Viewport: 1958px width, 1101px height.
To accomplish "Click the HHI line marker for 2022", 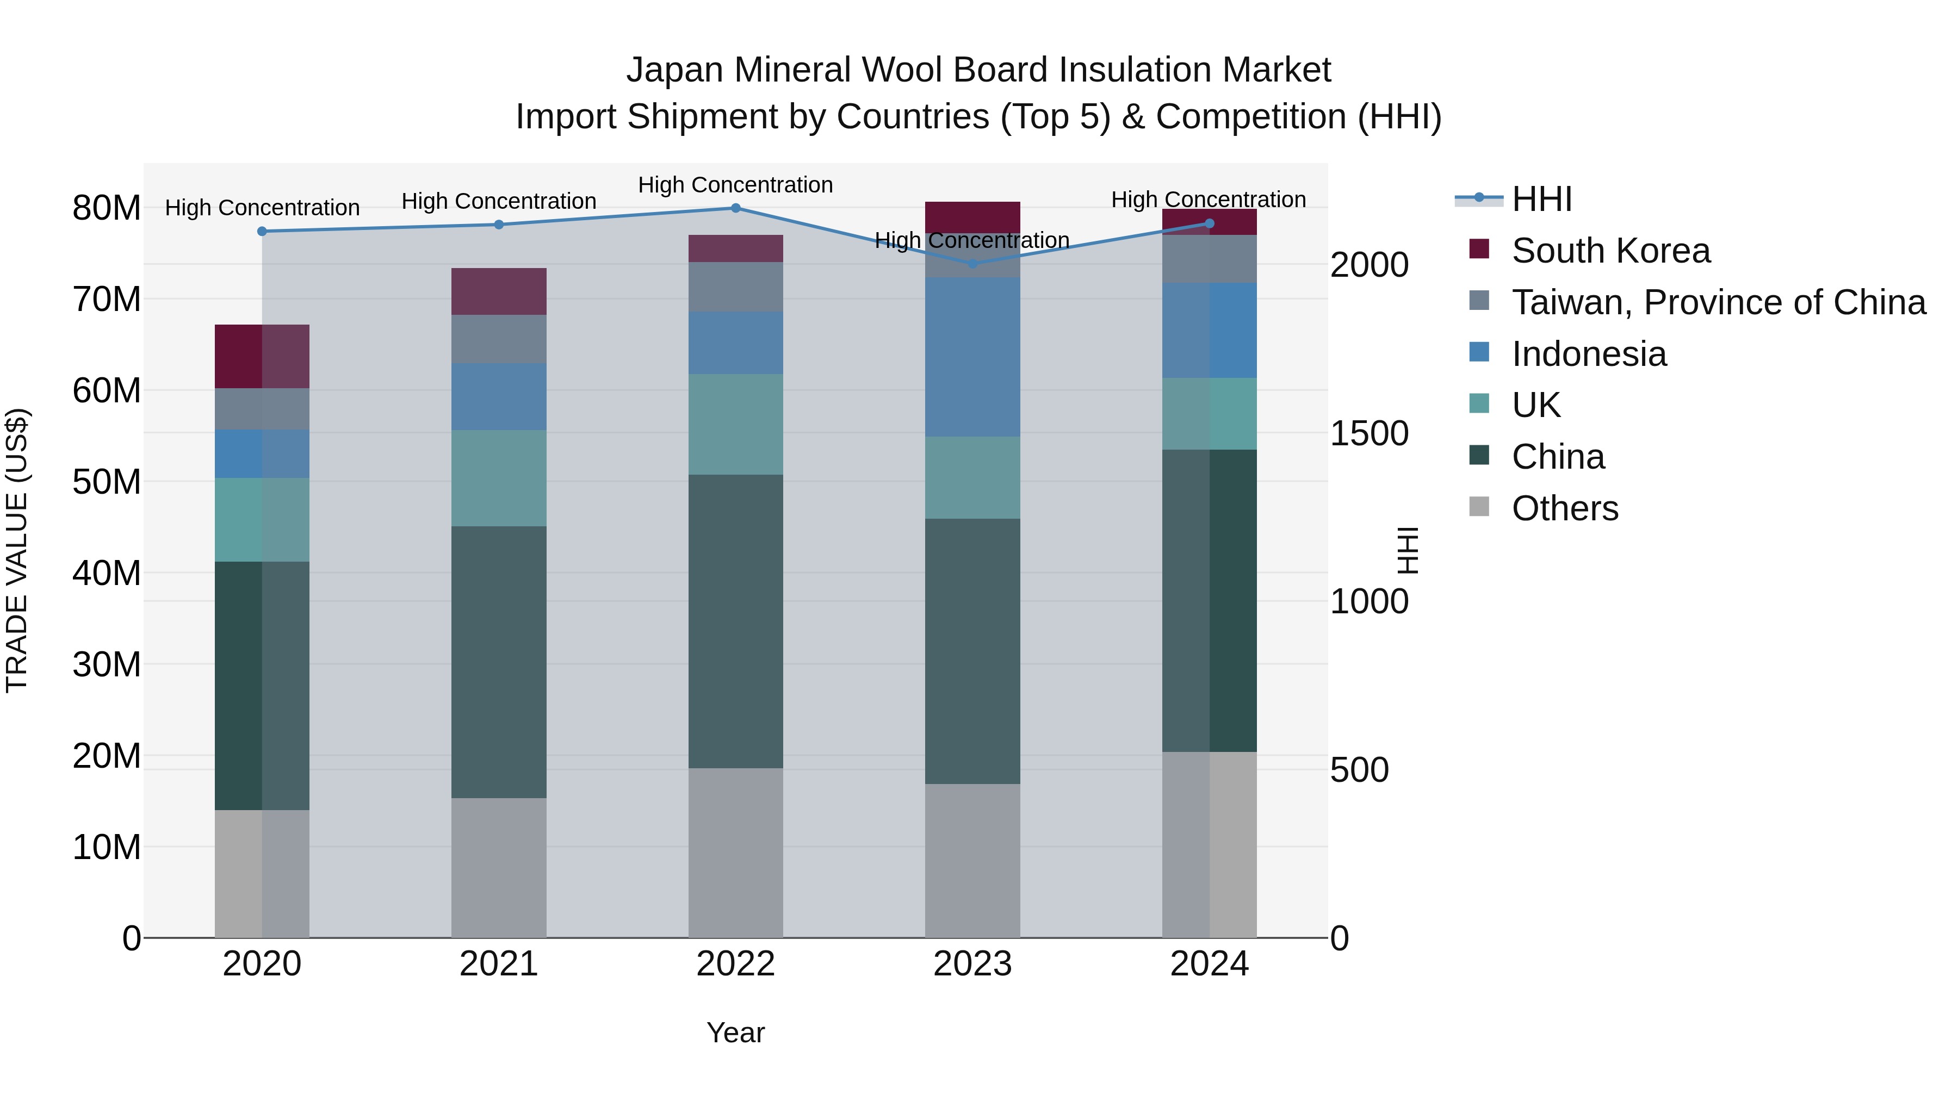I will point(735,208).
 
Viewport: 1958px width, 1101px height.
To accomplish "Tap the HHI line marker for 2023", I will point(972,264).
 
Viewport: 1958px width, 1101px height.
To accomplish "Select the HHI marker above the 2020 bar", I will point(262,231).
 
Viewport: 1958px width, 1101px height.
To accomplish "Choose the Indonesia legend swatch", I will point(1479,352).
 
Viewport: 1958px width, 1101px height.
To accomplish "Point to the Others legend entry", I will point(1564,508).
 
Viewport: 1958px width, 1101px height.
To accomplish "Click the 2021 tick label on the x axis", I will point(499,964).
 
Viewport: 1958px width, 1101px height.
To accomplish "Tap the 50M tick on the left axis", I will point(107,482).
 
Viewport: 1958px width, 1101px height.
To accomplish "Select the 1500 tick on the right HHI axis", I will point(1369,434).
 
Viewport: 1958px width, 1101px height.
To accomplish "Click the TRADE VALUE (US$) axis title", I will point(17,550).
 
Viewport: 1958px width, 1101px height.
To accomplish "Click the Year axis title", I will point(735,1032).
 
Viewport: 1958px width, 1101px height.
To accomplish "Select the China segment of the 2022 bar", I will point(735,621).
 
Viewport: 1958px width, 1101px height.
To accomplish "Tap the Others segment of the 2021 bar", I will point(499,867).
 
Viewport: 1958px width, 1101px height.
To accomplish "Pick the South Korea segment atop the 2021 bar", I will point(499,291).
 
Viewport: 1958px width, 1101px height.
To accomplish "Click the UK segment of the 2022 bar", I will point(735,424).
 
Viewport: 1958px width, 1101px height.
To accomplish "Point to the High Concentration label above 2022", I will point(735,185).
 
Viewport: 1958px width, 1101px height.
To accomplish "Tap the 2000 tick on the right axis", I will point(1369,265).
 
